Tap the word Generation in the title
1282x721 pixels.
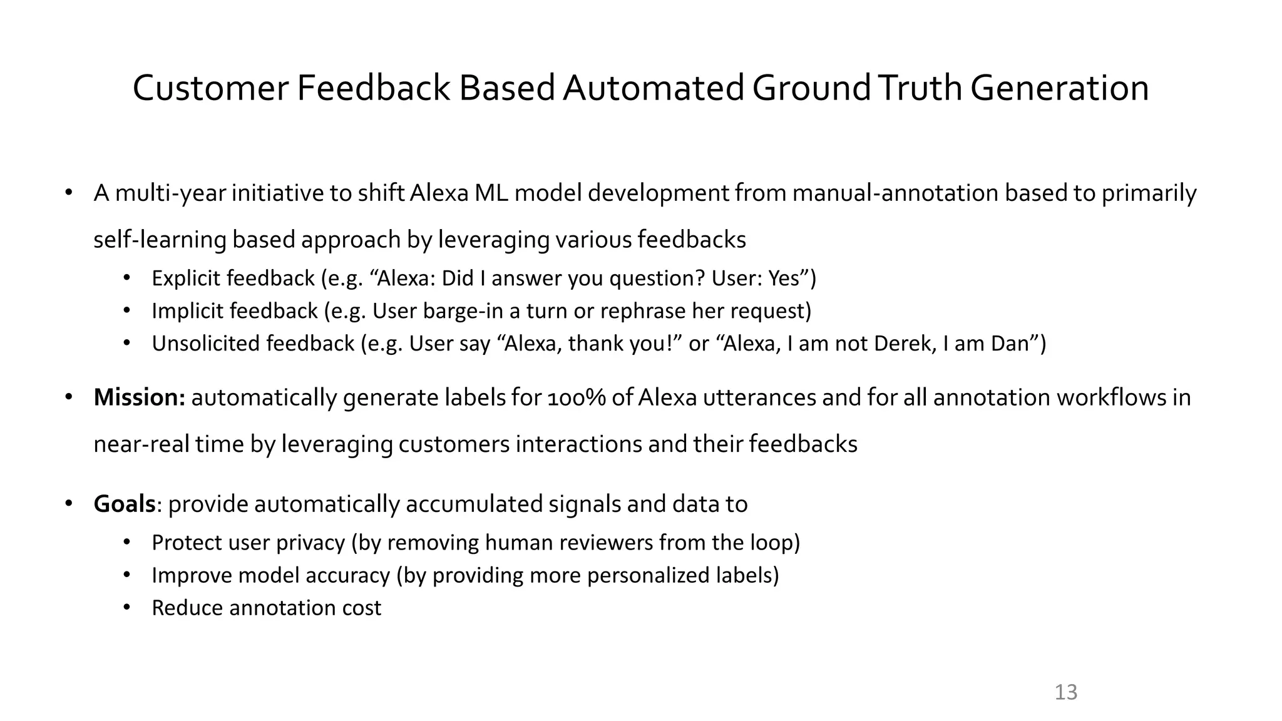(x=1060, y=88)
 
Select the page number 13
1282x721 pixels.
(x=1066, y=692)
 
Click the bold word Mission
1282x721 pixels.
(x=139, y=397)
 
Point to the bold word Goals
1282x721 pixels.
(x=125, y=504)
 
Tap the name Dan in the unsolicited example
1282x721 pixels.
(x=1010, y=344)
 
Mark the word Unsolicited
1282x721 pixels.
(x=205, y=344)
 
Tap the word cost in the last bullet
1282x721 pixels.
(x=362, y=608)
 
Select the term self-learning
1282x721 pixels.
(x=160, y=240)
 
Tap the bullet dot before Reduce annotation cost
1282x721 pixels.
(x=127, y=607)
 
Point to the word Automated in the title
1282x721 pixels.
(x=653, y=88)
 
